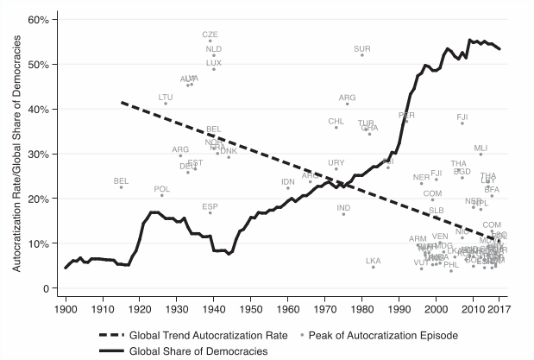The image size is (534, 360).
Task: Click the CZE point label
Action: click(210, 35)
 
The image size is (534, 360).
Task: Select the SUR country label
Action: click(362, 49)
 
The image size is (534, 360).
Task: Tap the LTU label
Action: click(166, 97)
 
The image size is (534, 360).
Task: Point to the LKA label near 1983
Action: click(374, 260)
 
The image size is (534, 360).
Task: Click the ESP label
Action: click(210, 206)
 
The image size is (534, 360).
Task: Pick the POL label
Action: click(161, 188)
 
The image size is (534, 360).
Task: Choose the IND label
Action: click(343, 207)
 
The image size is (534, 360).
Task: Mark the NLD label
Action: click(214, 49)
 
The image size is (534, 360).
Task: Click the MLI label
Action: click(481, 148)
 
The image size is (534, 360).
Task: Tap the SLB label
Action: click(437, 210)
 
